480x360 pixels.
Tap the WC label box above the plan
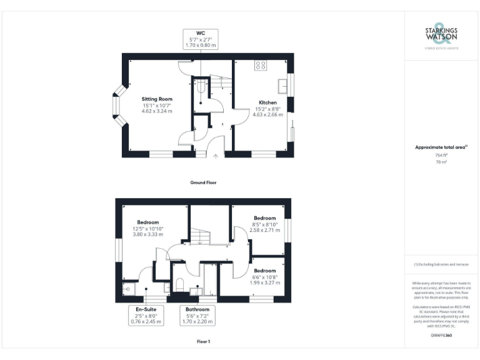[x=200, y=39]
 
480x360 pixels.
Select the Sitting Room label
[x=156, y=99]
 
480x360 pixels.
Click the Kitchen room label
[x=267, y=102]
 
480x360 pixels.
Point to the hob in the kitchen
[x=261, y=65]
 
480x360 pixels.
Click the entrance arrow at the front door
[x=216, y=157]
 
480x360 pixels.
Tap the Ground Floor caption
[x=203, y=182]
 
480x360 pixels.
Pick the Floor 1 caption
[x=203, y=342]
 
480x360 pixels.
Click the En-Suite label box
[x=146, y=316]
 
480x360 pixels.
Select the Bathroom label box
[x=197, y=316]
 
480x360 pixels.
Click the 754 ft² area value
[x=441, y=155]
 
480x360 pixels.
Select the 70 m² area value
[x=441, y=162]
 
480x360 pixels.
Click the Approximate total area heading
[x=441, y=147]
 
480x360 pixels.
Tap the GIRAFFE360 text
[x=441, y=336]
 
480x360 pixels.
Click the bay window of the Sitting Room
[x=116, y=106]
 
